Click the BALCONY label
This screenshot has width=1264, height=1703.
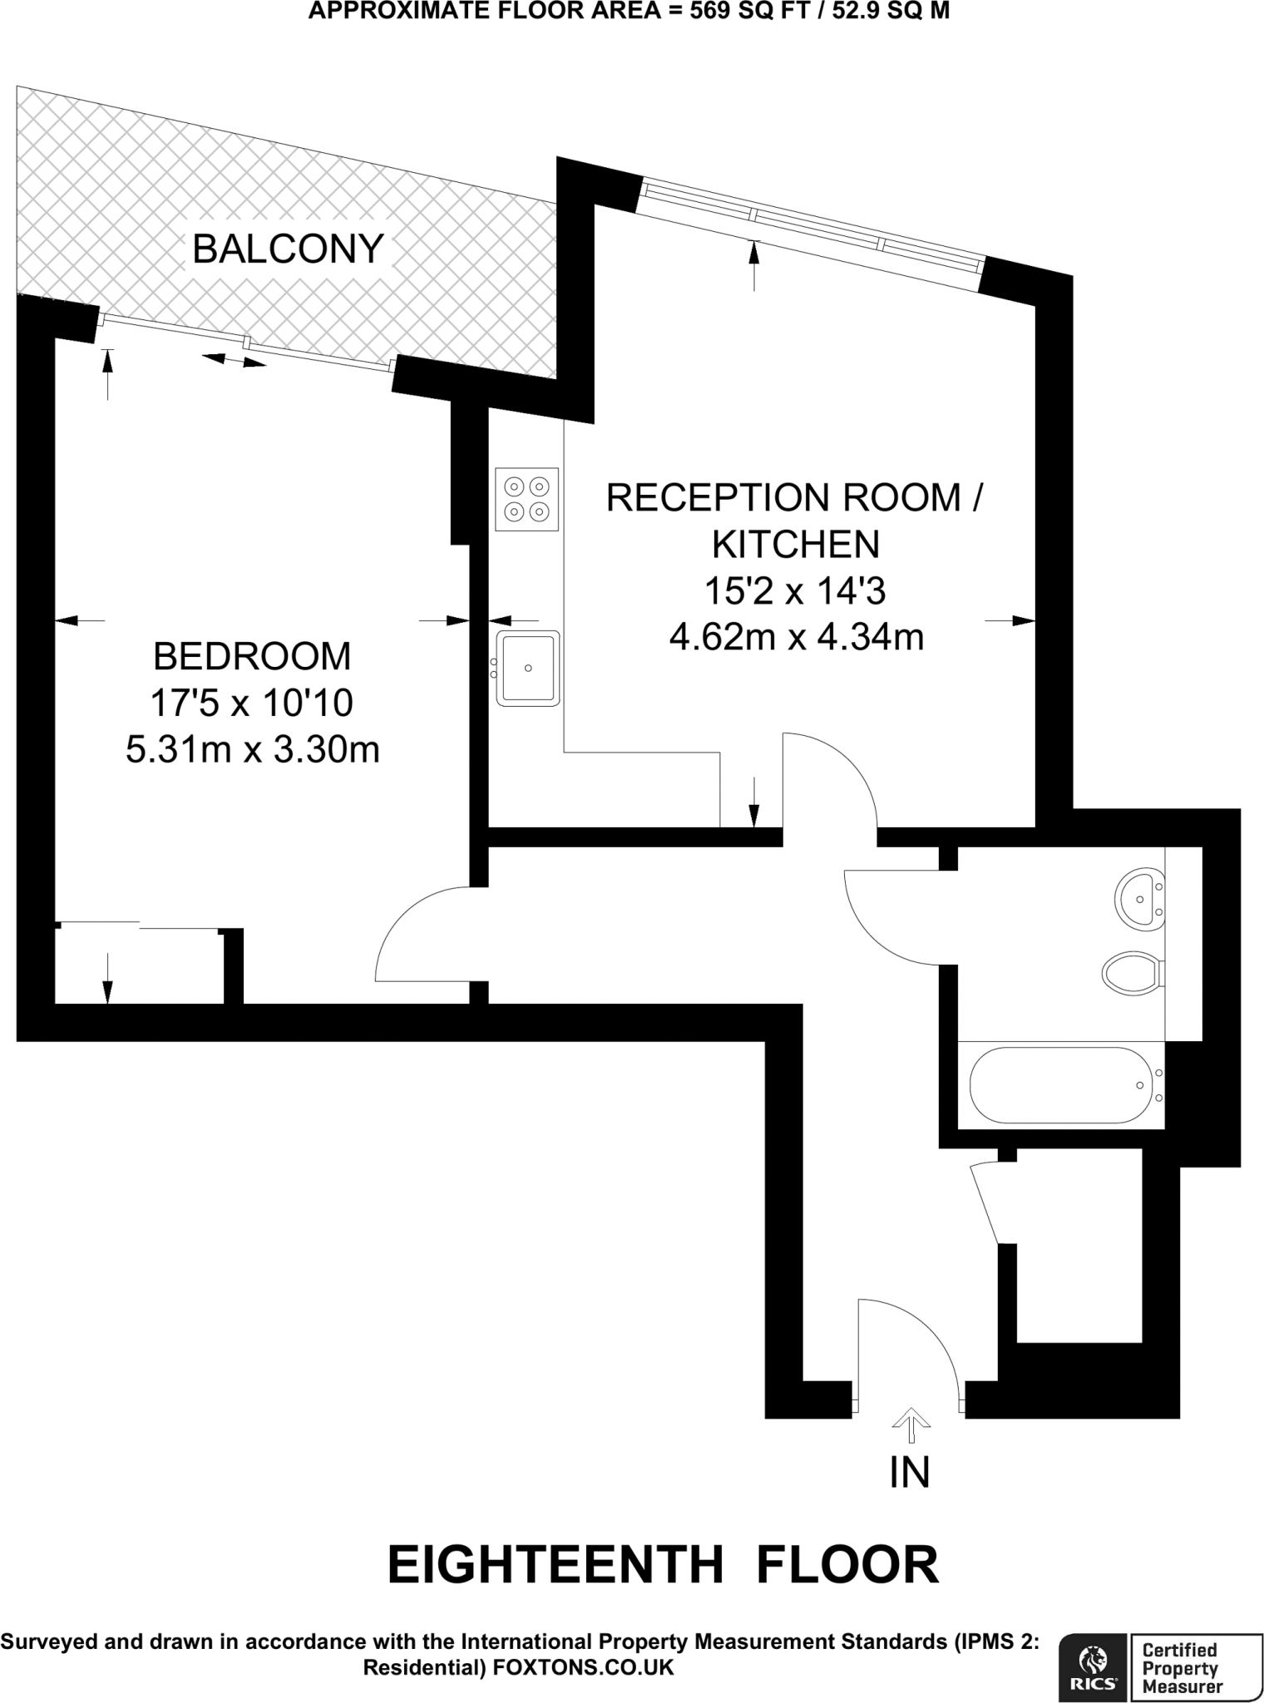tap(288, 249)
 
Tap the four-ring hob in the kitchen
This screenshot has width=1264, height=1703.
tap(526, 499)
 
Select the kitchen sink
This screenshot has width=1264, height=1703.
tap(527, 669)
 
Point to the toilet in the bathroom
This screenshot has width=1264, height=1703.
tap(1131, 972)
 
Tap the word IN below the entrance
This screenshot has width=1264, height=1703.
tap(910, 1473)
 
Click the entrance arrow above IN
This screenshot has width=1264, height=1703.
tap(911, 1424)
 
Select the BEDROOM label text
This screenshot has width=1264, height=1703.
tap(252, 657)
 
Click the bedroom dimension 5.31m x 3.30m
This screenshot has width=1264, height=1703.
tap(253, 750)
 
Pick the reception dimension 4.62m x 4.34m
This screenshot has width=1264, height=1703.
tap(797, 638)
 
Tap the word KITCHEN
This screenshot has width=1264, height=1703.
tap(796, 545)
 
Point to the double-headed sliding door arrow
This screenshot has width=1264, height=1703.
tap(235, 360)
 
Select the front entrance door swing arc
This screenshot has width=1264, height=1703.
tap(923, 1330)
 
